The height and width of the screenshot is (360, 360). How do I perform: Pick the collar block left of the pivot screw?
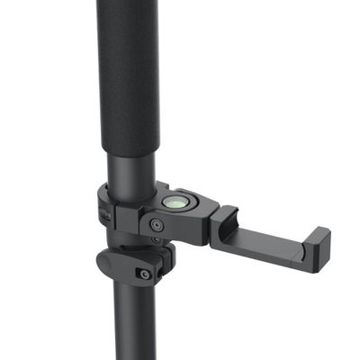click(130, 220)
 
